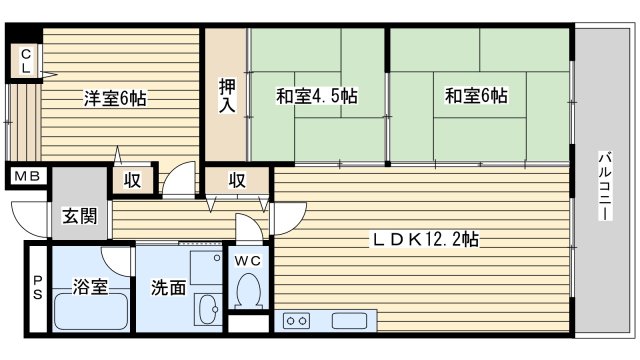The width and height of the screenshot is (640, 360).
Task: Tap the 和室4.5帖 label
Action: pyautogui.click(x=316, y=96)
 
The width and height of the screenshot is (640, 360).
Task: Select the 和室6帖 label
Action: pyautogui.click(x=475, y=96)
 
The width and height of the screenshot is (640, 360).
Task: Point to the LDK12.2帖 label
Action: pyautogui.click(x=425, y=240)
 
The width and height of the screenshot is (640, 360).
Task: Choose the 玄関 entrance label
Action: pyautogui.click(x=78, y=216)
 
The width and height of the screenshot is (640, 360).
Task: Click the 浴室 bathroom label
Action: pyautogui.click(x=89, y=288)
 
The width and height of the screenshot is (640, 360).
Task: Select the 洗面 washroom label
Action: pyautogui.click(x=168, y=288)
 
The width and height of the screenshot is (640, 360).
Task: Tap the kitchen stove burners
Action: pyautogui.click(x=297, y=320)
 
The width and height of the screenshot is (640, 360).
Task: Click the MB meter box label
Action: pyautogui.click(x=26, y=177)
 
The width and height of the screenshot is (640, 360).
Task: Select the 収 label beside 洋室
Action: pyautogui.click(x=132, y=180)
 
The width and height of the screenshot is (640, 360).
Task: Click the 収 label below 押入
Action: pyautogui.click(x=237, y=180)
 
